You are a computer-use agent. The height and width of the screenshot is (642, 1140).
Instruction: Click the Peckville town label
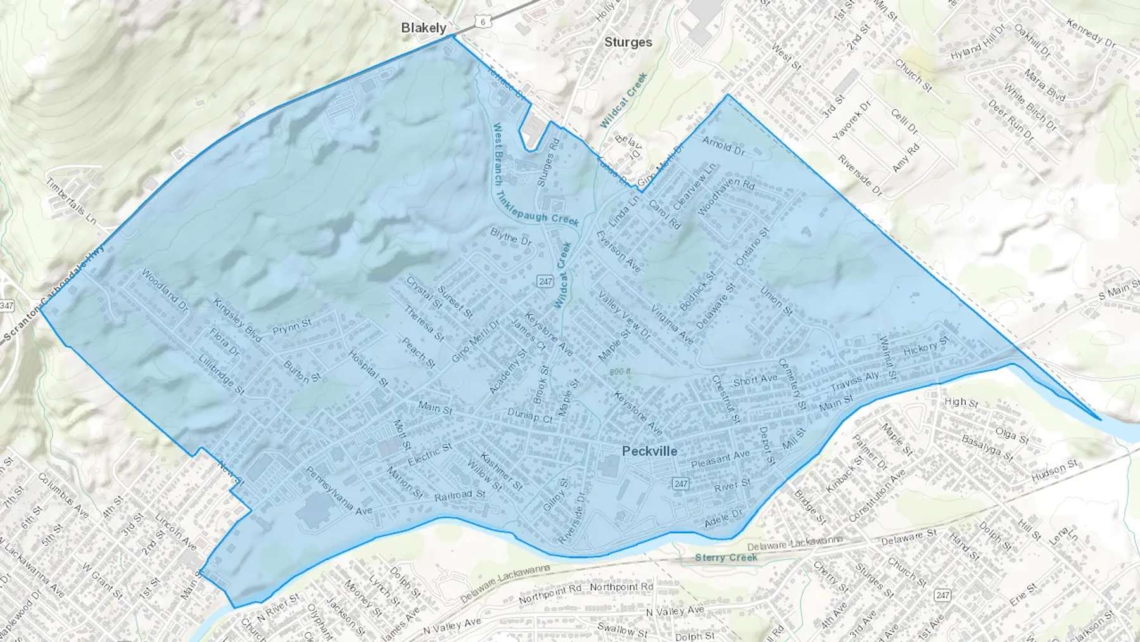(649, 451)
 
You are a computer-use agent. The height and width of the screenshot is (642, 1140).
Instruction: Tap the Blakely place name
(424, 28)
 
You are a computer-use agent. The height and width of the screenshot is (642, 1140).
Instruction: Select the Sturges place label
(628, 42)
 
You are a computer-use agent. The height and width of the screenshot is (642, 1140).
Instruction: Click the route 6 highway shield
(483, 22)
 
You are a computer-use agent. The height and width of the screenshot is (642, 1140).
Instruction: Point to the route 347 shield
(6, 306)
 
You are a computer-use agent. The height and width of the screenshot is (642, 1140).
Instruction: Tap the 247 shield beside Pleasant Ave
(680, 484)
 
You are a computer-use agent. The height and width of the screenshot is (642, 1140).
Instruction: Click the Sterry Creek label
(726, 558)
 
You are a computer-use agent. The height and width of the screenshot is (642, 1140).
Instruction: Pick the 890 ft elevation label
(621, 372)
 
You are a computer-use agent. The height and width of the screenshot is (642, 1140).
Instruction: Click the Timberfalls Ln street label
(71, 200)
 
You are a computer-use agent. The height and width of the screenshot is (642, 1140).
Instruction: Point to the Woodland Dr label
(165, 291)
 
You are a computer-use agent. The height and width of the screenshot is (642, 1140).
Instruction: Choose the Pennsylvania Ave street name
(339, 491)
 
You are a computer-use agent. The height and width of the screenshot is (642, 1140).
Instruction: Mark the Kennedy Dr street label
(1091, 33)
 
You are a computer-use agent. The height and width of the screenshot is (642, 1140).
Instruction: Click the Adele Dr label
(723, 518)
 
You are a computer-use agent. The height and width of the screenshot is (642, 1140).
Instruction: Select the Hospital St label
(368, 369)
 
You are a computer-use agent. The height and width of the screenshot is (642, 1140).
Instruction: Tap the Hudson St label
(1054, 471)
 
